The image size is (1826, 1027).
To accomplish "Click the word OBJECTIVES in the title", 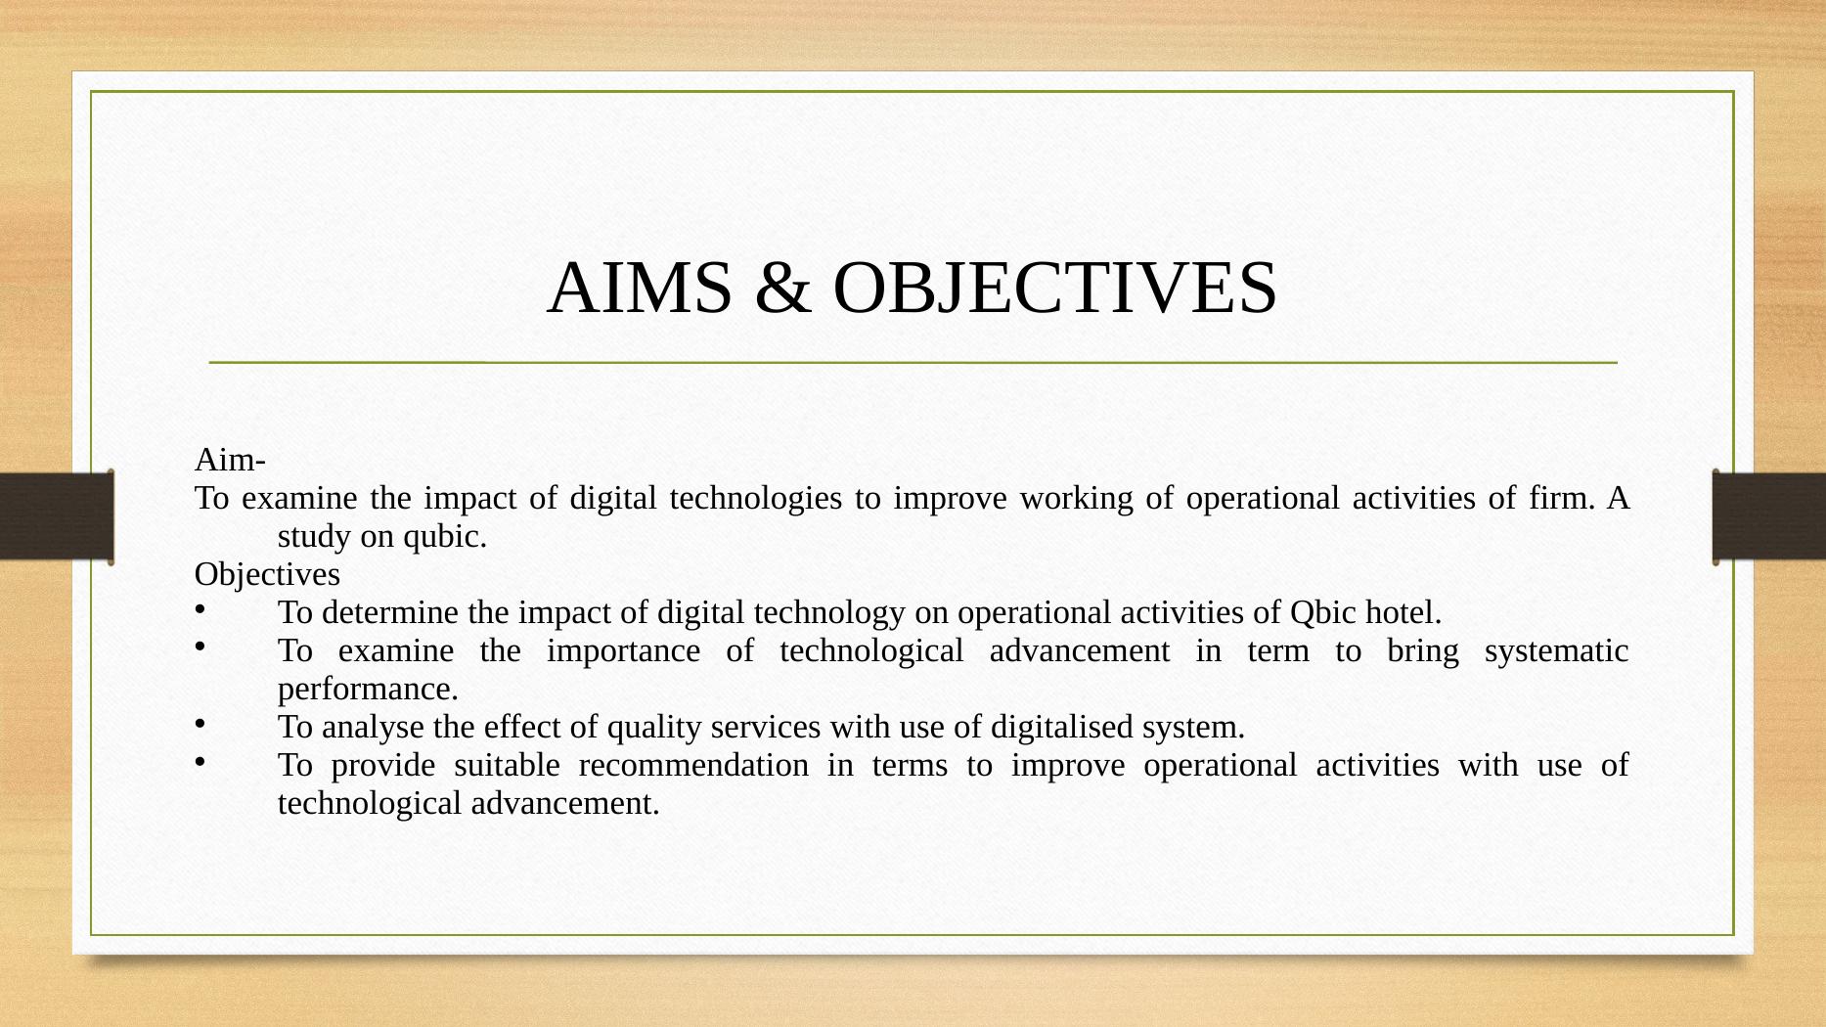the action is (x=1054, y=289).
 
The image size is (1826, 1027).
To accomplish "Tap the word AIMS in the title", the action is (x=641, y=289).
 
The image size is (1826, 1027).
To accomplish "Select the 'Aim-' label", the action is (x=231, y=459).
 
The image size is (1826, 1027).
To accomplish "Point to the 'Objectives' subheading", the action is (x=267, y=574).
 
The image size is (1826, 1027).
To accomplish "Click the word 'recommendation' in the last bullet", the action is (x=693, y=765).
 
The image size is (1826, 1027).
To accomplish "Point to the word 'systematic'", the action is (x=1556, y=651).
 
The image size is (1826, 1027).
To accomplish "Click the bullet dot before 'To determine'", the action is (x=200, y=608).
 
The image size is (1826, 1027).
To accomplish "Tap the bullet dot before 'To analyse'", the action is (x=200, y=723).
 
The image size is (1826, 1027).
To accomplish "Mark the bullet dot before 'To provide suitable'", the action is (x=200, y=761).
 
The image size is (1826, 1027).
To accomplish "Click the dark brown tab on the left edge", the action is (x=57, y=516).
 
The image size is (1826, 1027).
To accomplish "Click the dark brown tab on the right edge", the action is (x=1769, y=516).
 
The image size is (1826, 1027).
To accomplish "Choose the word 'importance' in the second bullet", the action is (x=623, y=651).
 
